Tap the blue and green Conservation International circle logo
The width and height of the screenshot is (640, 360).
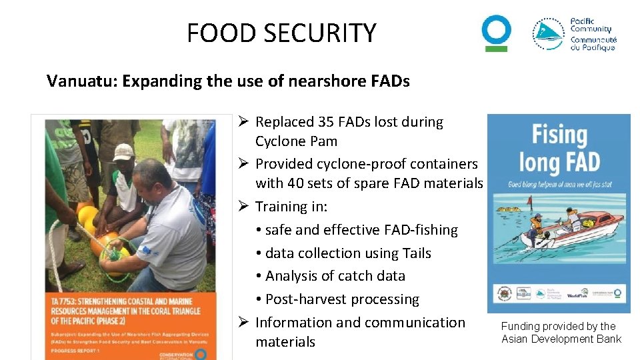click(497, 32)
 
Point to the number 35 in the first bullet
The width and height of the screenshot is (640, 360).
click(307, 122)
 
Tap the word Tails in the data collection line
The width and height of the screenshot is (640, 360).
click(417, 253)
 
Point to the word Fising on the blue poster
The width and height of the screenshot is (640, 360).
click(559, 135)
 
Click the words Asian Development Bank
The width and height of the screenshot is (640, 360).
click(561, 339)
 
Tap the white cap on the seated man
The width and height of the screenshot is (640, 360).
click(123, 153)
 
